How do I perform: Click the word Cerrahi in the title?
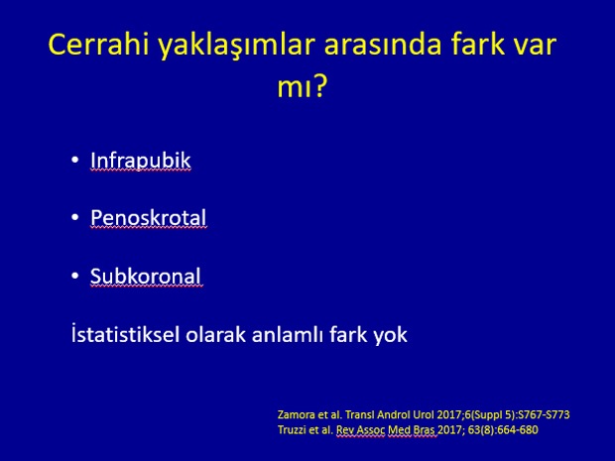click(x=98, y=44)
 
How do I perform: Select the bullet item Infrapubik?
click(x=141, y=161)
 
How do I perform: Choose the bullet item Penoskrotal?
click(x=148, y=217)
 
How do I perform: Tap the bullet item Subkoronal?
click(x=146, y=276)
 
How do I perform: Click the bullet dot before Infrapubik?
click(x=75, y=160)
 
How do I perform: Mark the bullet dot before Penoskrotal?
click(x=75, y=217)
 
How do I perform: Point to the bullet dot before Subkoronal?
click(x=75, y=276)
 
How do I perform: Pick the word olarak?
click(x=215, y=334)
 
